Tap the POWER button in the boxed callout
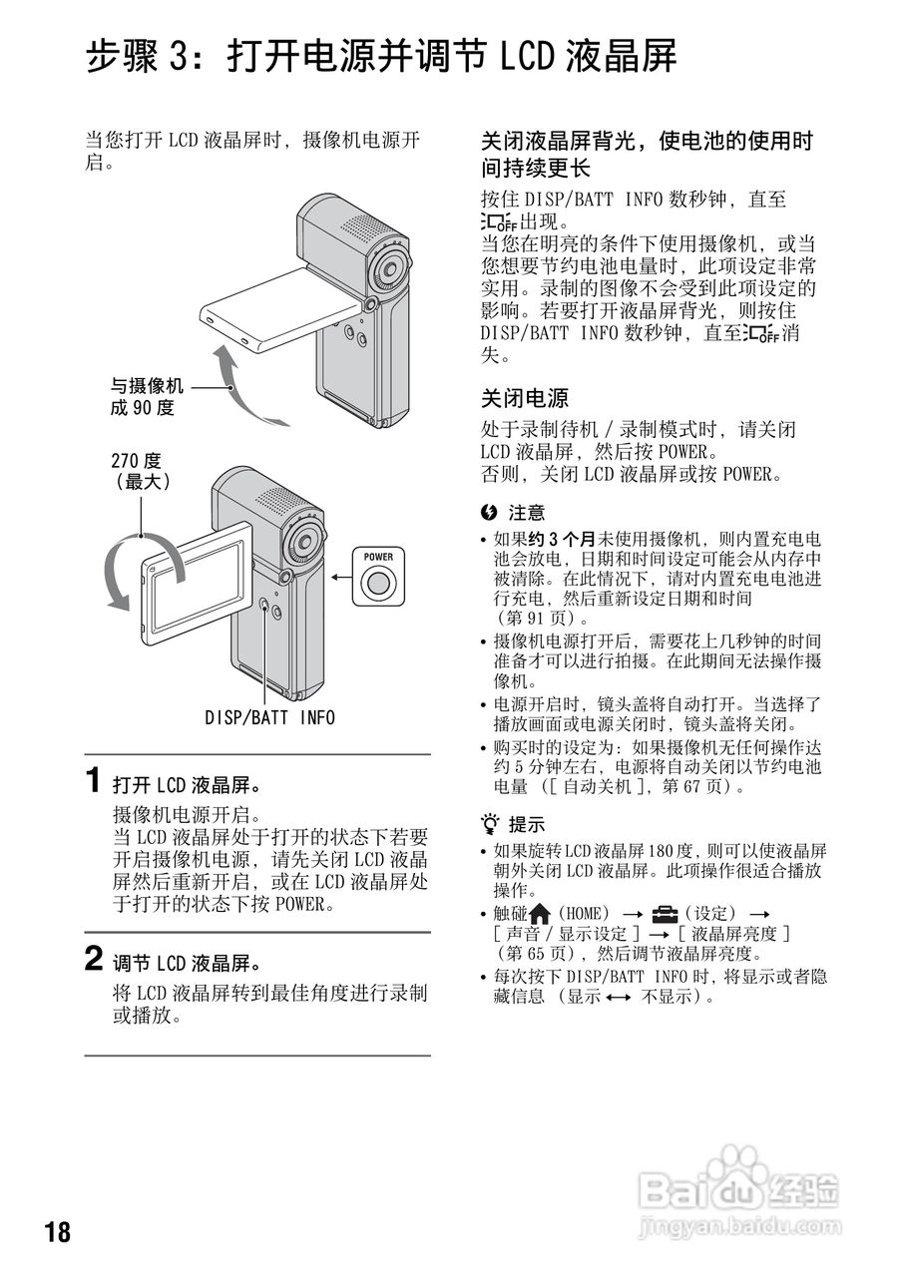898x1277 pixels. (x=377, y=583)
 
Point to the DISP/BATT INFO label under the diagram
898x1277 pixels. (x=269, y=717)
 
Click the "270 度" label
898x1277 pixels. (x=136, y=461)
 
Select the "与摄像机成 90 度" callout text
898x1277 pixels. (x=147, y=397)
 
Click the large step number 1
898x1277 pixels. (x=93, y=780)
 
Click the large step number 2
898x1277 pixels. (x=93, y=960)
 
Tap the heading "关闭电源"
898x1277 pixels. (x=525, y=398)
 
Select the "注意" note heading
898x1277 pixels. (x=526, y=513)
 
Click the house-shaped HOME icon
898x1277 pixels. (x=540, y=913)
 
